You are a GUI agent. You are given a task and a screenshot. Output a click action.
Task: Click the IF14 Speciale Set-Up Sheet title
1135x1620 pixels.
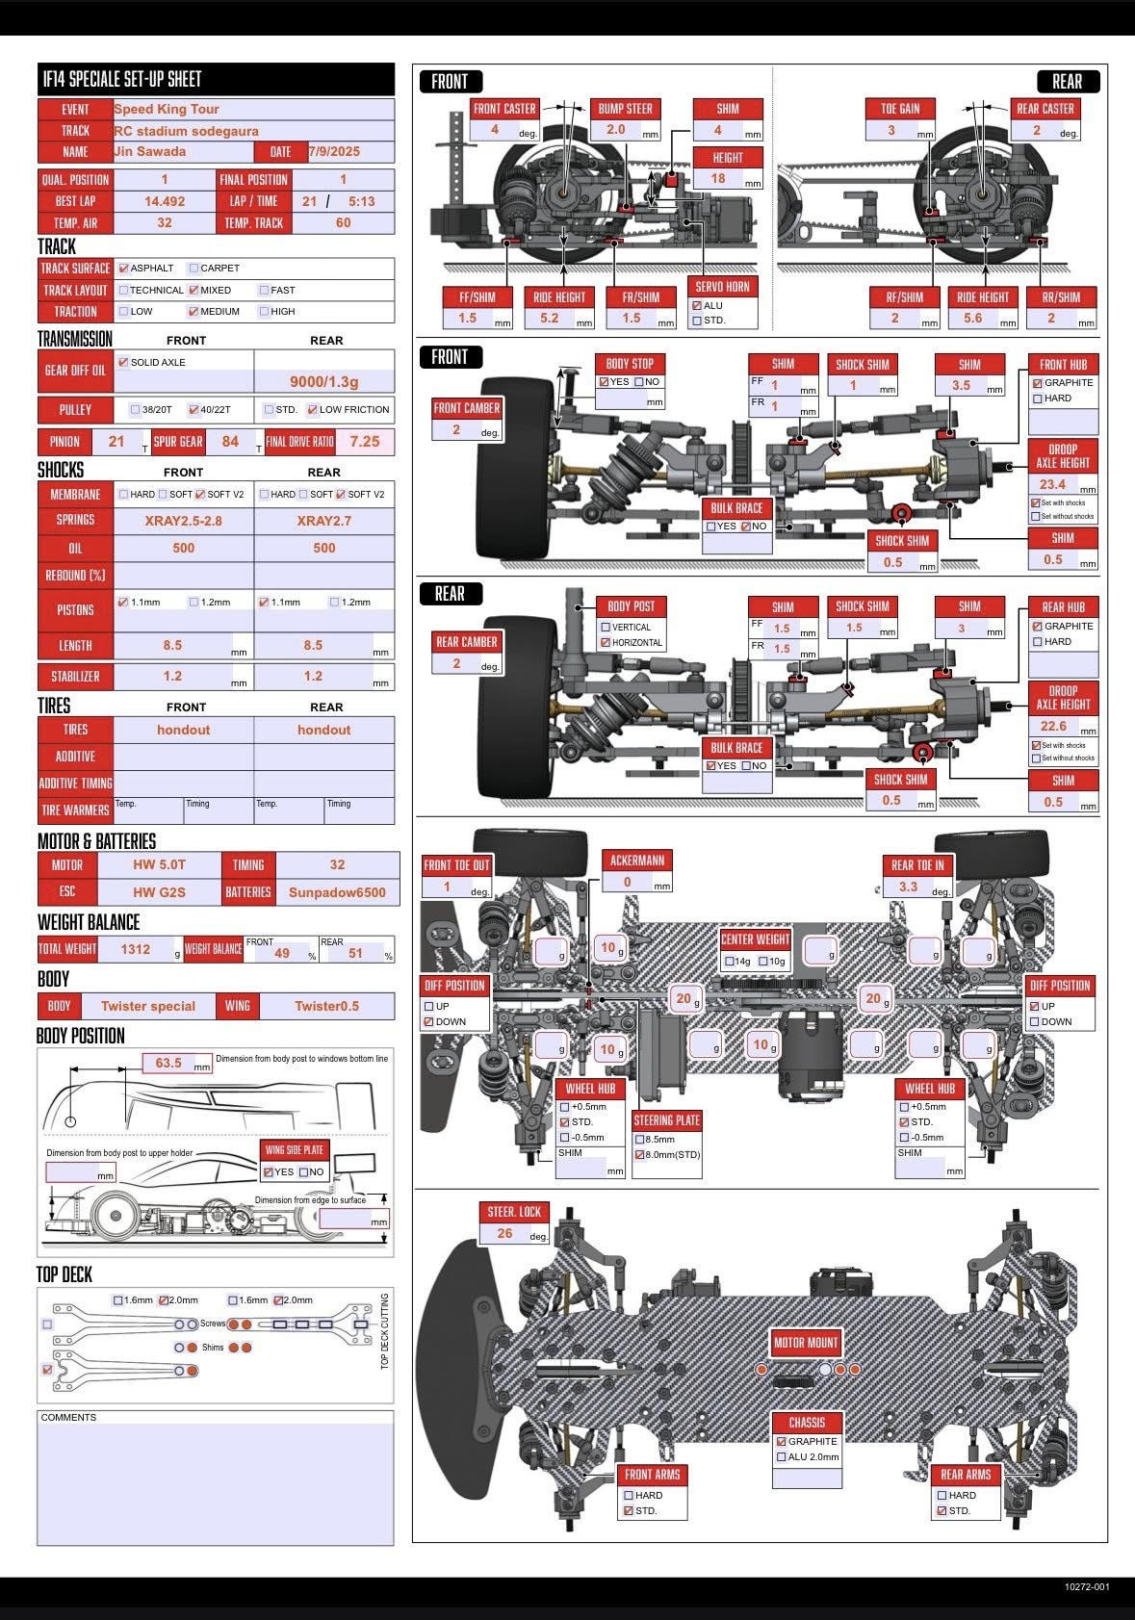point(122,79)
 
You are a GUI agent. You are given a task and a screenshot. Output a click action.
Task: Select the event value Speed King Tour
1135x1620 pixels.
point(167,109)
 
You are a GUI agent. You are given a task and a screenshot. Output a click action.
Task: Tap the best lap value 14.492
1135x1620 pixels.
point(165,201)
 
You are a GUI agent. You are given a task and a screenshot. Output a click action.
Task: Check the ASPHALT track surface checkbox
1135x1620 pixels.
point(123,268)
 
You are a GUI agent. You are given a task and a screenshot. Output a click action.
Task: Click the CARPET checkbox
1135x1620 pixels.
point(193,268)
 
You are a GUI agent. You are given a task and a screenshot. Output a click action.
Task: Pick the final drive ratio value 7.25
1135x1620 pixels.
point(365,442)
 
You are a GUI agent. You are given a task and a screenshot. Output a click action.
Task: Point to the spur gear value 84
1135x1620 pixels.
point(230,442)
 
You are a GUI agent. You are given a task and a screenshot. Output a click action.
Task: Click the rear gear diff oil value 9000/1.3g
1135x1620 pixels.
point(324,381)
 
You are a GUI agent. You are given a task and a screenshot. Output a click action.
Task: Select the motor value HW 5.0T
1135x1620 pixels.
point(159,864)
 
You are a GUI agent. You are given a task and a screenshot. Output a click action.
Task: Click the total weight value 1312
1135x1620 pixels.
point(136,949)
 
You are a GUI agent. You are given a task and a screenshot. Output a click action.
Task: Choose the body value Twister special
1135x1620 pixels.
point(148,1006)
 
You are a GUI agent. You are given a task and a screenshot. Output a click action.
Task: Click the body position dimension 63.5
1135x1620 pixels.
point(168,1063)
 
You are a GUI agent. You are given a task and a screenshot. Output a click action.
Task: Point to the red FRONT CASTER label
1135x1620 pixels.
point(505,109)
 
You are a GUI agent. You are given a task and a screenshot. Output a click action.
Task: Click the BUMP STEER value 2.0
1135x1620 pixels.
point(616,129)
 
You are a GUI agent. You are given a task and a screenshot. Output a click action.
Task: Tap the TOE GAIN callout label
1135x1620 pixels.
point(900,109)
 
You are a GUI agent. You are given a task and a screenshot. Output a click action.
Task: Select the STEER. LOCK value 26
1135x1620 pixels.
point(505,1233)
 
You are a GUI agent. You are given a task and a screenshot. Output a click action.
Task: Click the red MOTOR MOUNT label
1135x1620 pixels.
point(807,1342)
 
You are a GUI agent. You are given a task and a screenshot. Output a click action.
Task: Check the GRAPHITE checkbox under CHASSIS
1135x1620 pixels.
point(782,1441)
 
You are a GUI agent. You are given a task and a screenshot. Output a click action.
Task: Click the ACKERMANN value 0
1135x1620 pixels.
point(627,882)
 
